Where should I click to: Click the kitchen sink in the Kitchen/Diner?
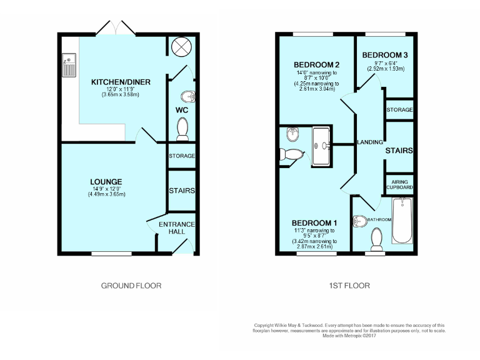tap(67, 64)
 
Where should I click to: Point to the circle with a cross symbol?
tap(181, 46)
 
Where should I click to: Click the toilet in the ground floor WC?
tap(182, 129)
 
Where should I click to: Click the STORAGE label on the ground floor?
tap(181, 156)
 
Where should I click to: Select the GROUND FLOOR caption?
tap(131, 286)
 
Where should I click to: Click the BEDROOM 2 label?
tap(316, 65)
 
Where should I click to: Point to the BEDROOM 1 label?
tap(314, 223)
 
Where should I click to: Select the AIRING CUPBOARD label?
tap(399, 184)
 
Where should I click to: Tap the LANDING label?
tap(369, 142)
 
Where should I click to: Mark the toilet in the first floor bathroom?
tap(377, 238)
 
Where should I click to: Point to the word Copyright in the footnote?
tap(265, 325)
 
